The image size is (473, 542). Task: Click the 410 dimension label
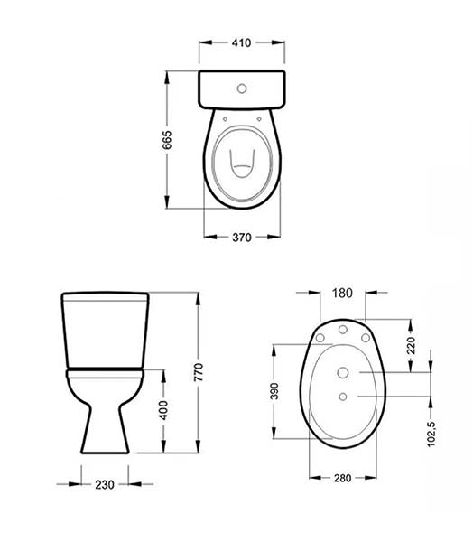click(241, 42)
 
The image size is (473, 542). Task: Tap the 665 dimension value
click(167, 140)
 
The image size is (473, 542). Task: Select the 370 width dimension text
click(242, 238)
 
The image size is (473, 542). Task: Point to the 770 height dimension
click(199, 372)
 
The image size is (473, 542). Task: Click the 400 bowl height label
click(163, 410)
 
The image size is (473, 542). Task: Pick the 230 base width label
click(105, 484)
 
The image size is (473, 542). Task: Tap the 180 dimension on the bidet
click(342, 293)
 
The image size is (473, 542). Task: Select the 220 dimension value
click(411, 345)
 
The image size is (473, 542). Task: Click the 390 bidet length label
click(274, 391)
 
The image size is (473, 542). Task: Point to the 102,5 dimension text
click(431, 434)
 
